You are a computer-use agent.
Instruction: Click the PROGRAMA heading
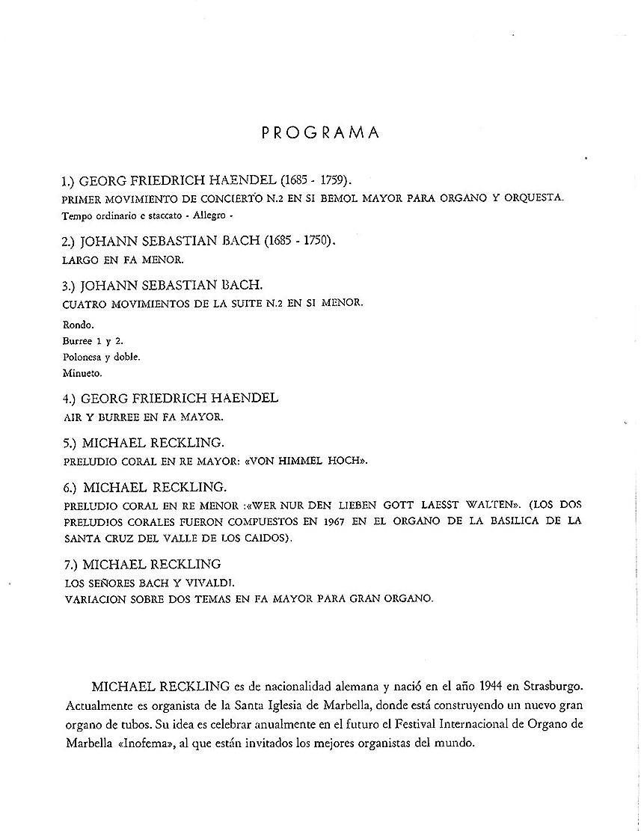(x=321, y=133)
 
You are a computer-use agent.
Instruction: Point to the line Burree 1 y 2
(x=92, y=341)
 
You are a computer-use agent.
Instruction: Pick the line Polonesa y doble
(x=100, y=356)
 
